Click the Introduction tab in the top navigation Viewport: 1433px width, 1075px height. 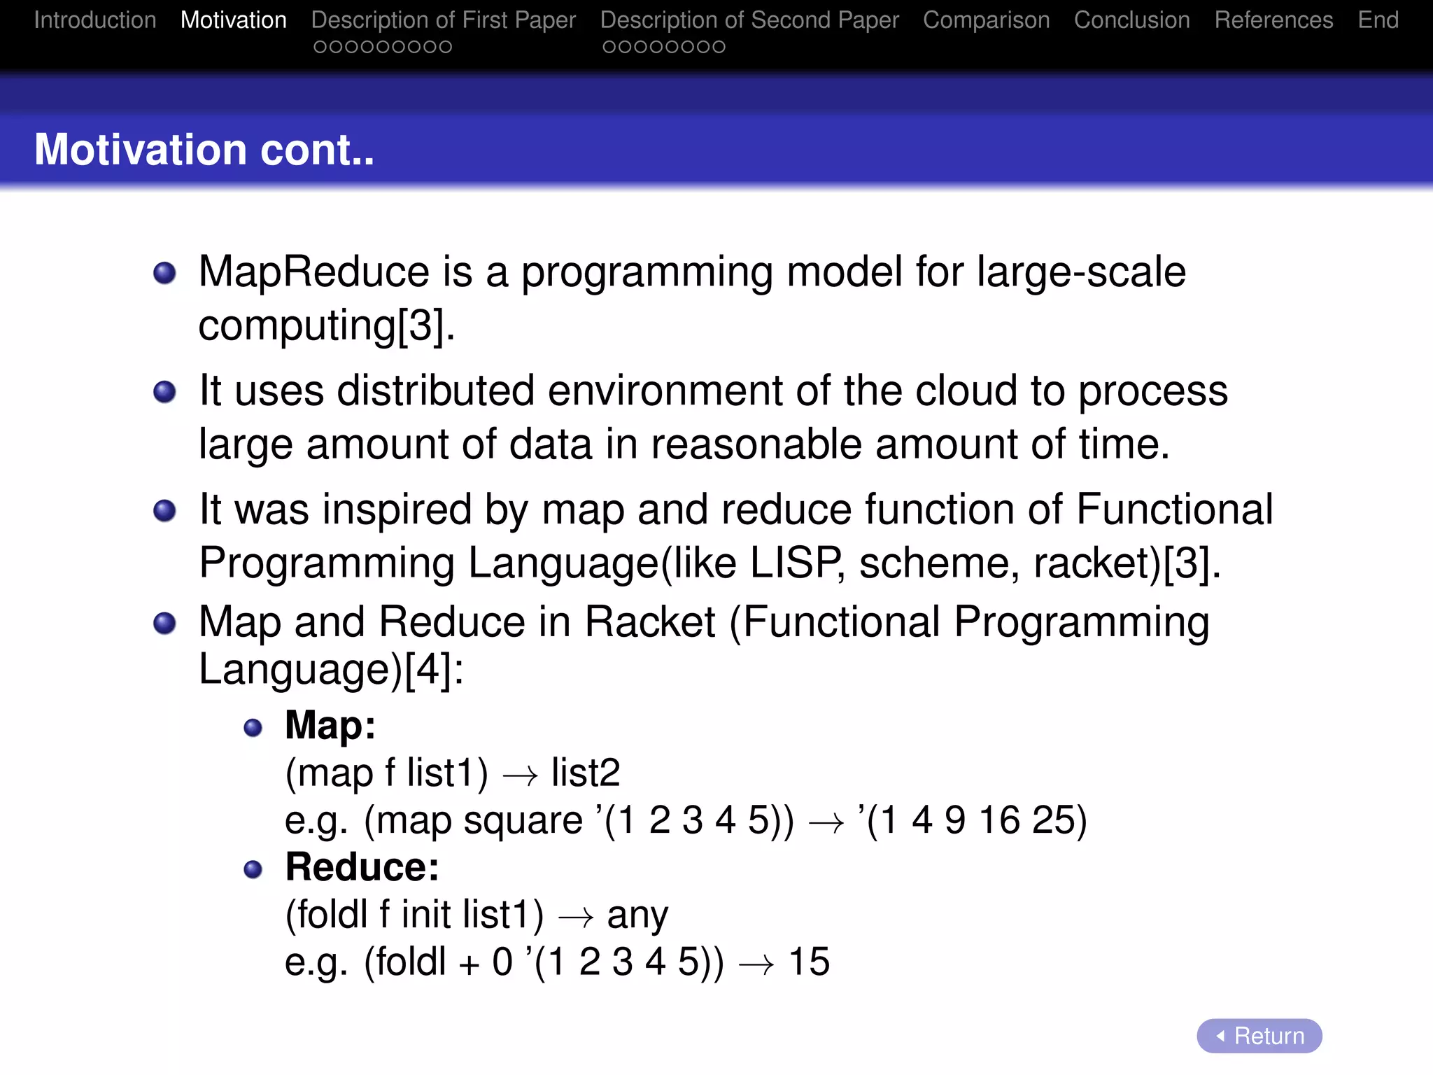pos(95,20)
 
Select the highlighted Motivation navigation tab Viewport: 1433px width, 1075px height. pos(234,20)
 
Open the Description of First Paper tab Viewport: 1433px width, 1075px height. pos(444,20)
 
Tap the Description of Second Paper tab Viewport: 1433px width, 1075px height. pos(749,20)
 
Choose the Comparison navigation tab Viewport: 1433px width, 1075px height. pos(986,20)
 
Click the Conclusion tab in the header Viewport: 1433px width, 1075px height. pos(1131,20)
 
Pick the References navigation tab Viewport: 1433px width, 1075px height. pos(1273,20)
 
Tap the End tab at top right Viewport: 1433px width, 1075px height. pos(1378,20)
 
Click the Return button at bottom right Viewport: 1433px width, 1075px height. pos(1259,1035)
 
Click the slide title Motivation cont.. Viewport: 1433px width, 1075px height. pos(204,150)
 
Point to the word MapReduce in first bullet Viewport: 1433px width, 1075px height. pos(313,272)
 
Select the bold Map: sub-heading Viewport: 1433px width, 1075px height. pos(330,725)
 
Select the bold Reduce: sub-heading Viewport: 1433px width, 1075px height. pos(362,867)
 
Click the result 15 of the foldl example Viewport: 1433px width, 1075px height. pos(809,962)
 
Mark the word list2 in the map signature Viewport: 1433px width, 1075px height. pos(586,773)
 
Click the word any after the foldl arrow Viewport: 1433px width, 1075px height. pos(637,915)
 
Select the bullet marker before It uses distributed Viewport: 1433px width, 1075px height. pos(164,392)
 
